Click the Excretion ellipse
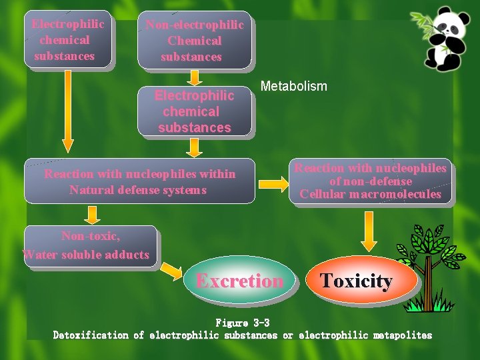(239, 281)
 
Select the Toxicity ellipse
(356, 281)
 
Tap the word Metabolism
(293, 86)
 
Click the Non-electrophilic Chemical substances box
(195, 40)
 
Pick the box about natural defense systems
(139, 181)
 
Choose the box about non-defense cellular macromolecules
(371, 181)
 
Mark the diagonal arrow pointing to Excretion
(171, 270)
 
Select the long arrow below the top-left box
(67, 110)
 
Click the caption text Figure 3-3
(242, 323)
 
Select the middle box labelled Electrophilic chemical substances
(195, 111)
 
